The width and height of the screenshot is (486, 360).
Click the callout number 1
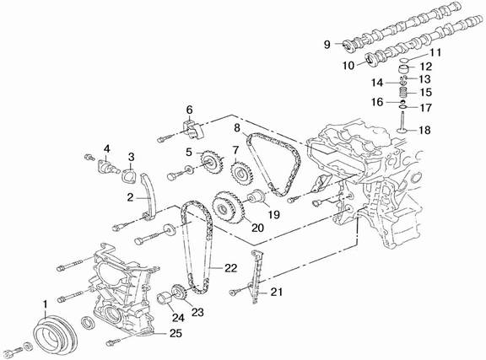point(46,304)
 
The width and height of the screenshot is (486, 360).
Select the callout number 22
point(230,268)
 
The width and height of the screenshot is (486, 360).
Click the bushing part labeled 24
point(165,299)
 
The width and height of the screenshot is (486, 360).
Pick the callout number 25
point(175,333)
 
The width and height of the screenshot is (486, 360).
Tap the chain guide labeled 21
point(256,277)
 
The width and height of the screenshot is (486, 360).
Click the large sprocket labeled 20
point(227,207)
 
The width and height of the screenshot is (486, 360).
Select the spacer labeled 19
point(256,197)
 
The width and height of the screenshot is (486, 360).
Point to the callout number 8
point(237,127)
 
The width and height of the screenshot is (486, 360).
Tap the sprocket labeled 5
point(212,163)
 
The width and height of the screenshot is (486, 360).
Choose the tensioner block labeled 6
point(192,129)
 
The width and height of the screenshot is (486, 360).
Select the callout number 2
point(130,197)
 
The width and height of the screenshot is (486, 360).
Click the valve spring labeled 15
point(402,93)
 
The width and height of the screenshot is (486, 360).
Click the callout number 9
point(327,45)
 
